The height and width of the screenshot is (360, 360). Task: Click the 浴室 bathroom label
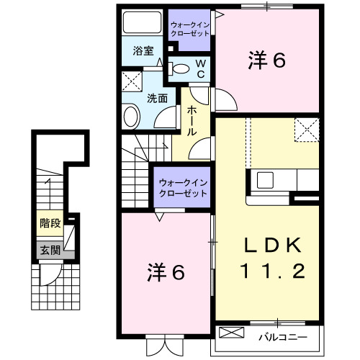(x=143, y=51)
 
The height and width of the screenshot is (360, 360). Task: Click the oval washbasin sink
(x=132, y=114)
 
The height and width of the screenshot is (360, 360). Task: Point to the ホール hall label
(x=193, y=122)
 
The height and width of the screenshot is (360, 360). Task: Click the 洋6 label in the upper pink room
(x=268, y=61)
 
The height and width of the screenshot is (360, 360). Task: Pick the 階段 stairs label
(x=50, y=223)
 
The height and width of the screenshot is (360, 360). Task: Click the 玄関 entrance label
(x=50, y=250)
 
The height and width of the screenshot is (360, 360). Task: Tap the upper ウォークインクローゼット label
(x=190, y=29)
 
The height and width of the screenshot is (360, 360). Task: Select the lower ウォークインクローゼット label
(x=183, y=188)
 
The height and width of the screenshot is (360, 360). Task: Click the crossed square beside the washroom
(x=131, y=80)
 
